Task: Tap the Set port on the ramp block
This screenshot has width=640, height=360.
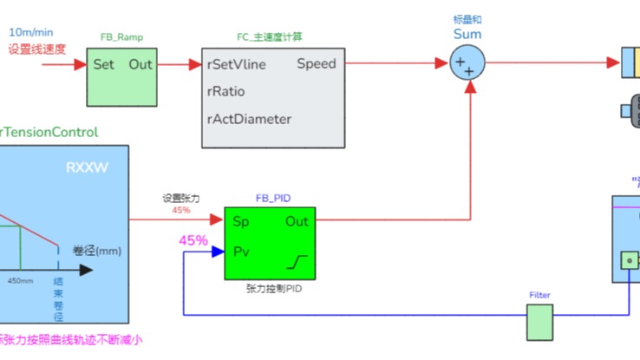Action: (x=103, y=64)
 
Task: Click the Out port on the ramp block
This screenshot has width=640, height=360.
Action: (x=140, y=64)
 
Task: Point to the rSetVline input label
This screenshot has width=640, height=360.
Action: (x=237, y=64)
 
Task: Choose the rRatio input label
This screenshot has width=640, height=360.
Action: (x=225, y=91)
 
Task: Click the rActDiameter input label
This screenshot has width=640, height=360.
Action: (x=249, y=119)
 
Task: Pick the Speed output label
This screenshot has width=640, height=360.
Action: (x=316, y=64)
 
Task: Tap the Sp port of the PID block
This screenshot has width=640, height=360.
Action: (x=241, y=221)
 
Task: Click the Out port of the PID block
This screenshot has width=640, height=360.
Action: (x=297, y=221)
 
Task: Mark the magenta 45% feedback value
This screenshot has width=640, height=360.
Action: (x=193, y=240)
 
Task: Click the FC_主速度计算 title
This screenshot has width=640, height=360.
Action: (x=269, y=37)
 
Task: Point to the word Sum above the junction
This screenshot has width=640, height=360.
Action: (x=467, y=35)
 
